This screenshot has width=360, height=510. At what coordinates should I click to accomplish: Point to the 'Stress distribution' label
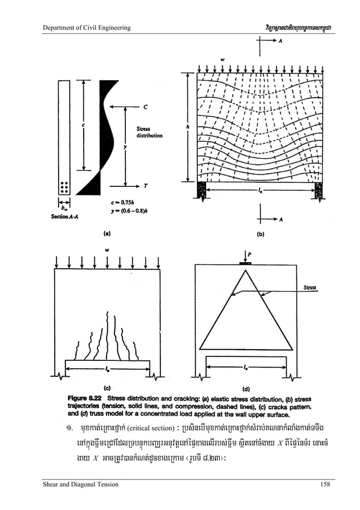pyautogui.click(x=150, y=132)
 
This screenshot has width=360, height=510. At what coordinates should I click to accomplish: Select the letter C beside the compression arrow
pyautogui.click(x=146, y=106)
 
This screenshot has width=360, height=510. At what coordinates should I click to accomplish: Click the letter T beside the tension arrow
pyautogui.click(x=146, y=185)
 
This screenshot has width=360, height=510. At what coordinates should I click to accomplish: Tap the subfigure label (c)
pyautogui.click(x=107, y=388)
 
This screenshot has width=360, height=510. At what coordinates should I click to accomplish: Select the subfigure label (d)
pyautogui.click(x=246, y=389)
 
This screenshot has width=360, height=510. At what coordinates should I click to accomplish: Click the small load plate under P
pyautogui.click(x=245, y=262)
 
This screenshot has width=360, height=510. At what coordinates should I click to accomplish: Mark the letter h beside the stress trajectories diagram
pyautogui.click(x=187, y=127)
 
